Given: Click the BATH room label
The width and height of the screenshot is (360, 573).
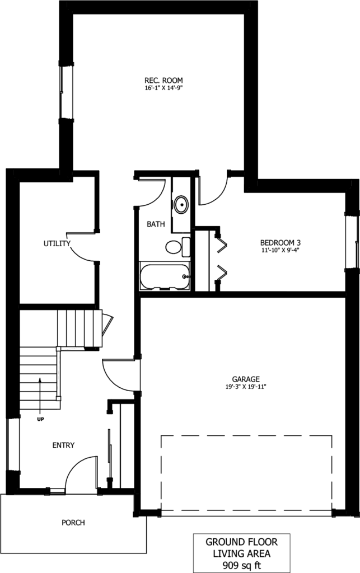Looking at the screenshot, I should point(156,224).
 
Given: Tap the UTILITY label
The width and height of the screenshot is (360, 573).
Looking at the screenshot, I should point(57,243).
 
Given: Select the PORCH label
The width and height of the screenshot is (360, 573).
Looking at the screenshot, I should point(73,523).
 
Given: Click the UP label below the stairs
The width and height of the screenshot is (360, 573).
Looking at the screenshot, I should point(40,419).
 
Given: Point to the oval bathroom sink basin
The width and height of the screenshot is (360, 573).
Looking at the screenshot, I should point(181,205).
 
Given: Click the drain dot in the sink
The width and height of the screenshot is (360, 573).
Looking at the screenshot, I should point(181,205).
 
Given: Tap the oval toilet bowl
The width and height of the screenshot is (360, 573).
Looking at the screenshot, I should point(174,247).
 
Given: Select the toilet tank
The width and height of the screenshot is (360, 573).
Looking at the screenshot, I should point(186,247).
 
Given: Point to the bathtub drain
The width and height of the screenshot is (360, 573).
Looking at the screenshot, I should point(185,276).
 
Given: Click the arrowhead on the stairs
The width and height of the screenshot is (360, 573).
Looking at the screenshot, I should point(40,381).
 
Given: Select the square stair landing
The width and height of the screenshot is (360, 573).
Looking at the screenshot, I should point(38,328).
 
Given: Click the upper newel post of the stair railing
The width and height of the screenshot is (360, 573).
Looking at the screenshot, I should point(58,349).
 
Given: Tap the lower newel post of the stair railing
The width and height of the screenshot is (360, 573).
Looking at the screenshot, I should point(58,398).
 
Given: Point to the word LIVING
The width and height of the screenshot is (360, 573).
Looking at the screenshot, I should point(226,553).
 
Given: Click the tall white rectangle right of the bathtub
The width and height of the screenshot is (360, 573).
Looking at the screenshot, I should point(202,261).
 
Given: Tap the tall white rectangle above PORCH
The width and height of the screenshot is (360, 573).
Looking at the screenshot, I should point(128,445).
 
